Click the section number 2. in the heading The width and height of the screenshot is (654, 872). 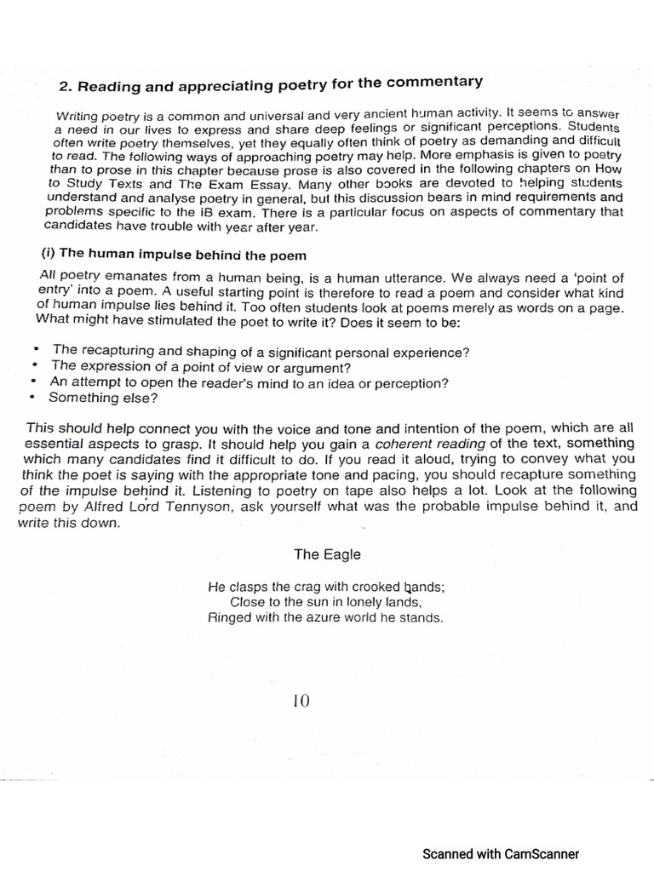point(65,87)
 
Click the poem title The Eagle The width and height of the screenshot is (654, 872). point(327,554)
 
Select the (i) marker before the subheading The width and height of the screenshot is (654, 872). point(50,255)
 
